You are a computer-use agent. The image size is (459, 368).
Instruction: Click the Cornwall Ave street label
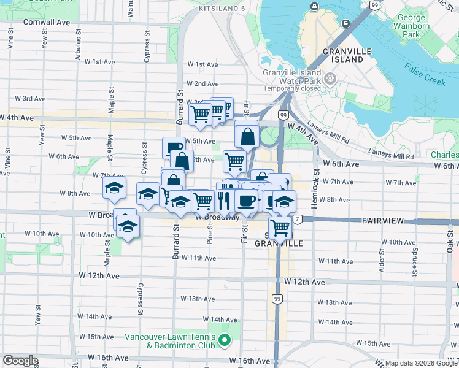tap(47, 21)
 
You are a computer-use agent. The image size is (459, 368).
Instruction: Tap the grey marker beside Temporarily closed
tap(331, 79)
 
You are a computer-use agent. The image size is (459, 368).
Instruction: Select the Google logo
tap(20, 361)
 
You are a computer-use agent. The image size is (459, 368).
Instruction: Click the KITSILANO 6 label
tap(222, 9)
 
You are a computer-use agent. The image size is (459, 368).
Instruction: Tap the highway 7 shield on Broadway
tap(297, 219)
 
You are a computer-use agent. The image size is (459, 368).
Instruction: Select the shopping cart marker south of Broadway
tap(280, 228)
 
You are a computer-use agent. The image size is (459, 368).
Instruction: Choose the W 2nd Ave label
tap(203, 83)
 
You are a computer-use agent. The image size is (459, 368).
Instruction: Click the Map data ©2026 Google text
tap(422, 363)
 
